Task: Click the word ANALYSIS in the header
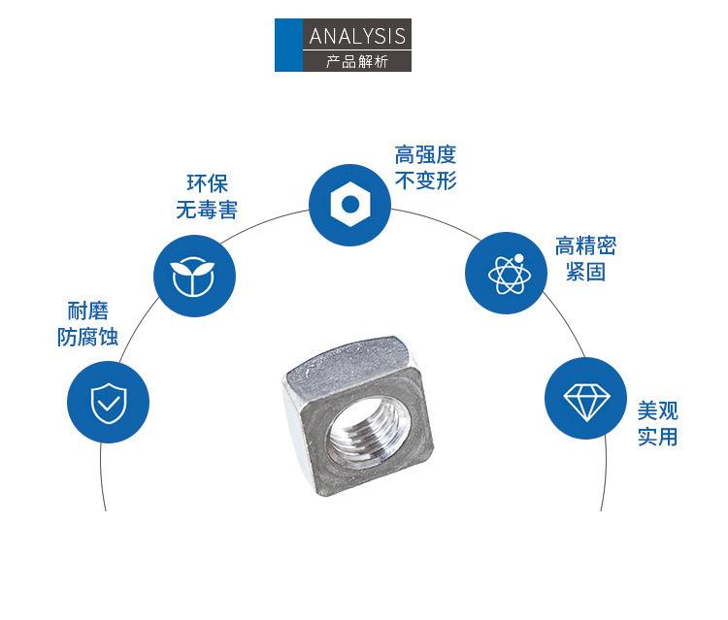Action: [x=357, y=36]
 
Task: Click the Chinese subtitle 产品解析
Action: [x=357, y=61]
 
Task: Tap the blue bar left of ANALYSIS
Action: [x=288, y=45]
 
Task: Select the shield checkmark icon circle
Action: [x=107, y=402]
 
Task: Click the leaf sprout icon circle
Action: [x=195, y=277]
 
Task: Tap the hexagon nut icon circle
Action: [x=349, y=204]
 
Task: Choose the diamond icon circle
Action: [x=584, y=398]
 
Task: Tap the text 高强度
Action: [x=425, y=155]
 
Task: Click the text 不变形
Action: [x=425, y=180]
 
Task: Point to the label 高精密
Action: [x=585, y=246]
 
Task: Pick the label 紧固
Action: [x=585, y=272]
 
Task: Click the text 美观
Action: [x=657, y=410]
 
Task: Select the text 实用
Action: [x=657, y=437]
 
